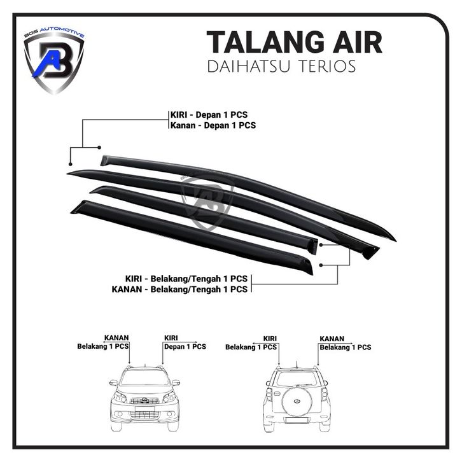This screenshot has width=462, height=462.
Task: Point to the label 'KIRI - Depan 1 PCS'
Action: coord(209,115)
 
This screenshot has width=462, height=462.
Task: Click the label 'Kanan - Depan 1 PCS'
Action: coord(213,125)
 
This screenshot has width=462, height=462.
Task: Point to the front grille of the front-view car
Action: coord(144,400)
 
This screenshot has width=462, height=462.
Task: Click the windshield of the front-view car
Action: coord(144,377)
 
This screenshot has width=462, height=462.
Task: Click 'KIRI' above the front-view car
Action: coord(171,338)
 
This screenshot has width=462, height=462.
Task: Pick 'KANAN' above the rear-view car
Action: coord(332,339)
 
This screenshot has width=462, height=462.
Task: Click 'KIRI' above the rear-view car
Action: coord(269,339)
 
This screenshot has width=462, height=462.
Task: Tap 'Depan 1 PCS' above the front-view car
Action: coord(185,347)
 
